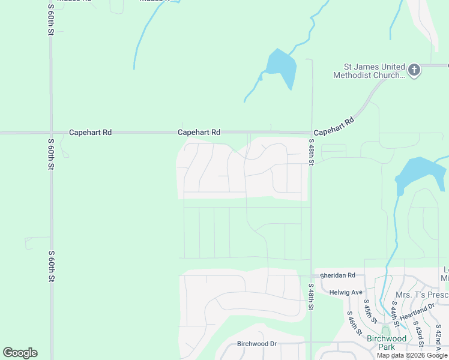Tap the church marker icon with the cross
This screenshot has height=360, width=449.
tap(414, 71)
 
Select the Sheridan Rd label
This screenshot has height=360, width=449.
tap(337, 275)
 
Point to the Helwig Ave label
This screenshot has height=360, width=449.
tap(346, 292)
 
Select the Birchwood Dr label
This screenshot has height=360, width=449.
tap(256, 344)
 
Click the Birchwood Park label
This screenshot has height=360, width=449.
tap(387, 343)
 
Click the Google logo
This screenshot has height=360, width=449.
tap(20, 353)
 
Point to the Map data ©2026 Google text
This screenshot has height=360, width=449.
tap(412, 355)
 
